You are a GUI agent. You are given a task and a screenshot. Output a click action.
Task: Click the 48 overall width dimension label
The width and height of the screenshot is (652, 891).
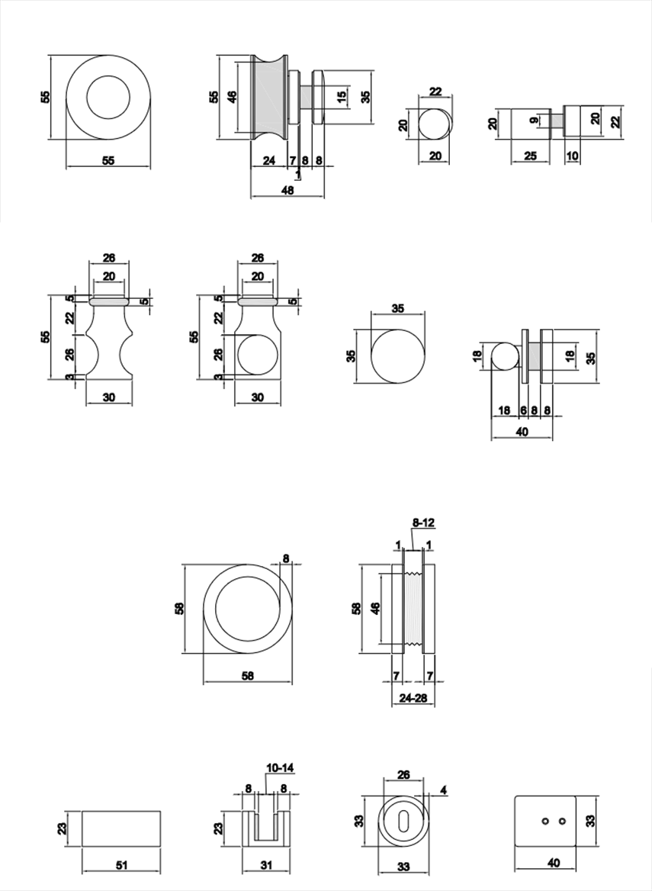pos(287,191)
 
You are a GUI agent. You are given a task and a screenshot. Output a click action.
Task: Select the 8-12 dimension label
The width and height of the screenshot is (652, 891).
pos(423,523)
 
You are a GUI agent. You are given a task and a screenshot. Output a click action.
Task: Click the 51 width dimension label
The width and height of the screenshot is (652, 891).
pos(122,866)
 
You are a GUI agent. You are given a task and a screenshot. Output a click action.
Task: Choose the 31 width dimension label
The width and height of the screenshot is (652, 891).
pos(266,866)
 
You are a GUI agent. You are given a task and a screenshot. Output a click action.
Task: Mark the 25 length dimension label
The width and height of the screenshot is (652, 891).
pos(531,156)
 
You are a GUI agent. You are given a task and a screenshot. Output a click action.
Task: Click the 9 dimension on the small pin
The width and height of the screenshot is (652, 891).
pos(535,118)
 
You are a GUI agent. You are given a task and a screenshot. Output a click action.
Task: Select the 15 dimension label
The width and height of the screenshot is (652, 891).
pos(342,96)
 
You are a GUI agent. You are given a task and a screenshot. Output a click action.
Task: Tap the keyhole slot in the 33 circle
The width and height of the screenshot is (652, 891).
pos(403,821)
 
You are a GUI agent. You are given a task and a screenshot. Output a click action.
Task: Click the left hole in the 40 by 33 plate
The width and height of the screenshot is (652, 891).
pos(544,821)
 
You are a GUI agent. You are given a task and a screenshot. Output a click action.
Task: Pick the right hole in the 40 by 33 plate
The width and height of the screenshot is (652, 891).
pos(562,821)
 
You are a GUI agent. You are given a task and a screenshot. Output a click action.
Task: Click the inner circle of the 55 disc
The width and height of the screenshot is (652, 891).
pos(108,96)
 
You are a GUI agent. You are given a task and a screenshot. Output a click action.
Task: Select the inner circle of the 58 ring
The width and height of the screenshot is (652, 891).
pos(247,609)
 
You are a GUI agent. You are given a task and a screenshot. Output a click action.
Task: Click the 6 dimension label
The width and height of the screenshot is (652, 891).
pos(523,410)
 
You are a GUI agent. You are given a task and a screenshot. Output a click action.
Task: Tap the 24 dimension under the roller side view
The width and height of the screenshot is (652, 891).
pos(268,161)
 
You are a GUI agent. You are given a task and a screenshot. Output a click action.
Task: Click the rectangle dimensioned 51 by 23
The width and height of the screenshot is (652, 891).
pos(121,828)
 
